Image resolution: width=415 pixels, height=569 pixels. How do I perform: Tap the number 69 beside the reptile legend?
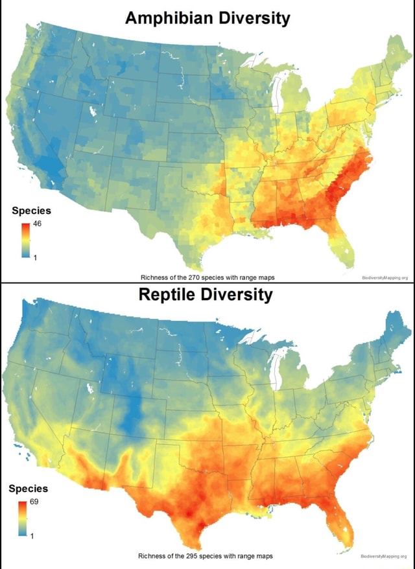37,503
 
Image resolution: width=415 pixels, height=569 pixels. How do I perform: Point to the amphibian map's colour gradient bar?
25,240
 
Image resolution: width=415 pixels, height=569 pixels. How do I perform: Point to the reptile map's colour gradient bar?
24,518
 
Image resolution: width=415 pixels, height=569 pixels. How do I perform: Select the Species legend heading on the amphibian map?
31,211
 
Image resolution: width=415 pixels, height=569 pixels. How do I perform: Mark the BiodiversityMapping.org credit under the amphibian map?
382,278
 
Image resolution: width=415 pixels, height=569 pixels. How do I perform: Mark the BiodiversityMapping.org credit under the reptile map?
382,556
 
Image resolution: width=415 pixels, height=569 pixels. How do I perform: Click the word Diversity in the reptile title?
239,296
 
